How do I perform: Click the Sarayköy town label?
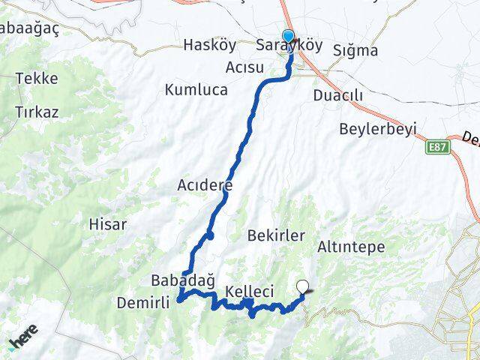pyautogui.click(x=289, y=46)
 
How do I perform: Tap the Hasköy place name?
pyautogui.click(x=209, y=46)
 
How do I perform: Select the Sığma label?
pyautogui.click(x=356, y=51)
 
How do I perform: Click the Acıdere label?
pyautogui.click(x=205, y=184)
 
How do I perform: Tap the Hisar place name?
pyautogui.click(x=108, y=223)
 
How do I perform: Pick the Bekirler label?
pyautogui.click(x=276, y=235)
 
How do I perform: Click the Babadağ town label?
pyautogui.click(x=178, y=282)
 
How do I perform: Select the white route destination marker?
pyautogui.click(x=303, y=286)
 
